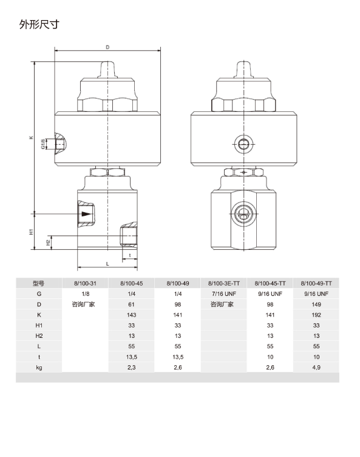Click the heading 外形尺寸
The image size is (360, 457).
39,24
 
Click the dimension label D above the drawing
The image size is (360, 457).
107,47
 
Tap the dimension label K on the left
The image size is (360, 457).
31,137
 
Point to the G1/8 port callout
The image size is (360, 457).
43,144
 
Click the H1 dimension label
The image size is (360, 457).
31,232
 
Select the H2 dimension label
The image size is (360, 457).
48,242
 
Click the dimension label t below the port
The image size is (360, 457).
129,255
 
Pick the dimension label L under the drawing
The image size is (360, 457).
107,264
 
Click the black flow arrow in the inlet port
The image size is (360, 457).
86,214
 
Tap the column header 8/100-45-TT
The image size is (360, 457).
270,283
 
